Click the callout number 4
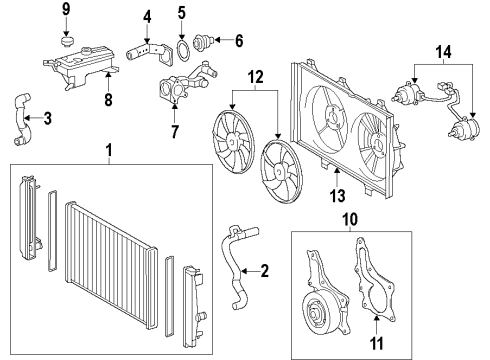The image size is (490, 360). click(x=147, y=16)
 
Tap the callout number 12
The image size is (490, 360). click(x=255, y=76)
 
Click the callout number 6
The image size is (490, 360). click(x=238, y=42)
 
